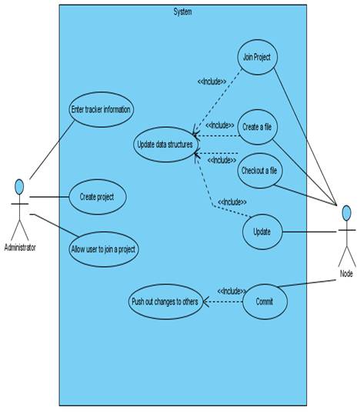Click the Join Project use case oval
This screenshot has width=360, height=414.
pos(258,57)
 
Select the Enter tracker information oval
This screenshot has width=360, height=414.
pos(101,109)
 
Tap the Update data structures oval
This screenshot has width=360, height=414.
pos(165,145)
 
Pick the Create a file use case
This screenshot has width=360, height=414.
pos(258,127)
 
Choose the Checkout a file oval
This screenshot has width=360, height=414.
pos(260,171)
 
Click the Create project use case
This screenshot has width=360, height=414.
pos(98,197)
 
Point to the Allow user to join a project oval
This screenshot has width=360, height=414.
pos(103,249)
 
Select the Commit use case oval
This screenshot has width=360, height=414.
pos(265,302)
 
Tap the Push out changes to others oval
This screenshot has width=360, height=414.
pos(165,302)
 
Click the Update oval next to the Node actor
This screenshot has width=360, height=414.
pos(262,232)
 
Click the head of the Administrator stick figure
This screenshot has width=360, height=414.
pos(19,187)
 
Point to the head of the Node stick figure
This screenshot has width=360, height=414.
pos(347,213)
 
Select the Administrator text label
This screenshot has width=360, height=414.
pos(20,247)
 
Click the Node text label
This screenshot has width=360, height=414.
pos(346,273)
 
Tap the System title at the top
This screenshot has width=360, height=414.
pos(182,12)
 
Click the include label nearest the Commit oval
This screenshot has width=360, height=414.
pos(232,291)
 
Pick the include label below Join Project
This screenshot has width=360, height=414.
pos(212,82)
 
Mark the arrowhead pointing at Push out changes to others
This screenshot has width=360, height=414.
pos(206,302)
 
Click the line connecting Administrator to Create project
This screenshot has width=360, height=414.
pos(49,197)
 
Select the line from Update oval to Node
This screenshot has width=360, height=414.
pos(309,232)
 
